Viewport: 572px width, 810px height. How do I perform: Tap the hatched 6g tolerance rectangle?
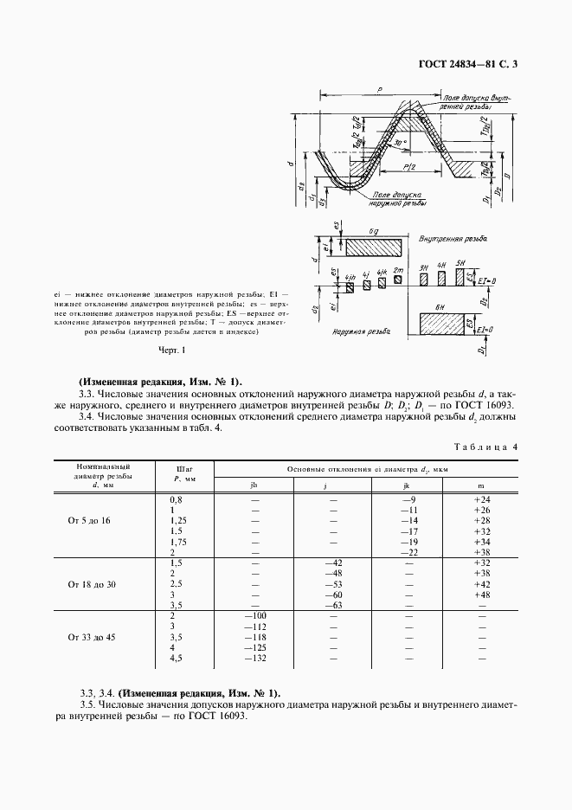click(373, 247)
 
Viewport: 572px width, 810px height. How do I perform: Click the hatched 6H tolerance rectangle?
click(442, 325)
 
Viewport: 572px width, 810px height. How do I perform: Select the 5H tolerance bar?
click(460, 277)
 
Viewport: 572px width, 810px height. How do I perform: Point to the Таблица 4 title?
click(485, 447)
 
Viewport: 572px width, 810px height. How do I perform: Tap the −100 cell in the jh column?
click(254, 615)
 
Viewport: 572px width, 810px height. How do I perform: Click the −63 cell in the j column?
click(331, 605)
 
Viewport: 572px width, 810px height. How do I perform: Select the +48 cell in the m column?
click(482, 595)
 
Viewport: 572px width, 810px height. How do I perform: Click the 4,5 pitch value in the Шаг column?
click(177, 657)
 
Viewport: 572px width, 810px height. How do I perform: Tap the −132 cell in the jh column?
click(254, 657)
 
